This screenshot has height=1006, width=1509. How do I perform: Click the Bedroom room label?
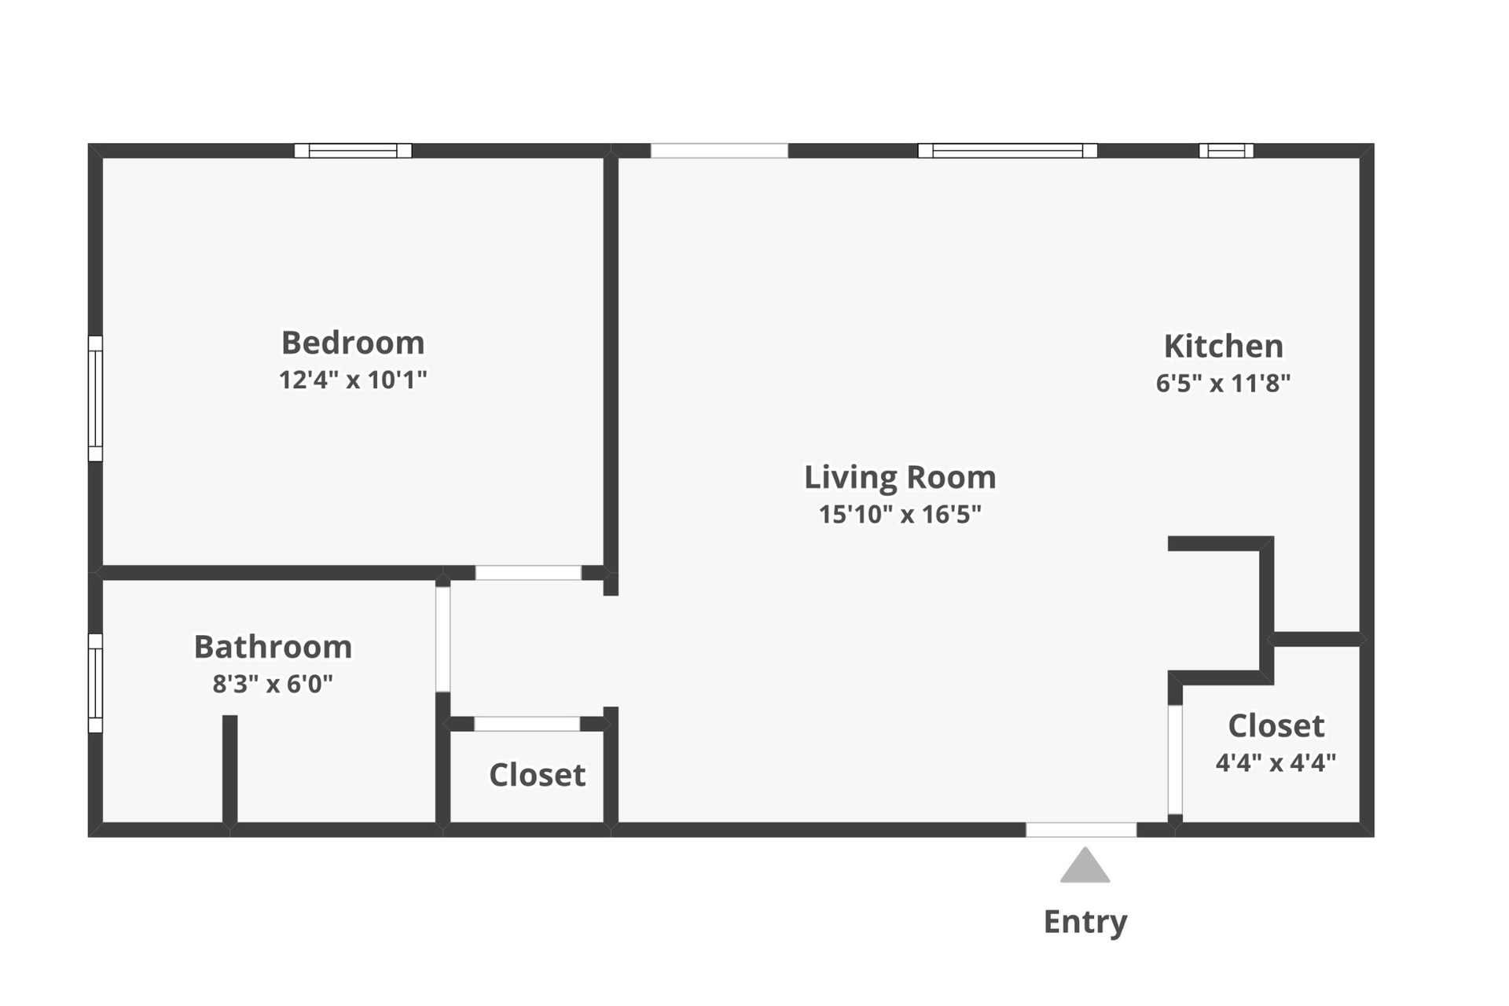pyautogui.click(x=353, y=343)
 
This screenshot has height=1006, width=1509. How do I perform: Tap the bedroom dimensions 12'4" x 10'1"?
pyautogui.click(x=353, y=380)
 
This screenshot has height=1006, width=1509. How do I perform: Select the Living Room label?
pyautogui.click(x=900, y=477)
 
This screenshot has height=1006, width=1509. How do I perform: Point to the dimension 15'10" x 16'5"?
pyautogui.click(x=900, y=515)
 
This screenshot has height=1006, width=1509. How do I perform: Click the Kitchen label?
pyautogui.click(x=1223, y=346)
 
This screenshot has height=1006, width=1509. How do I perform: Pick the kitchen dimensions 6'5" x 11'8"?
pyautogui.click(x=1223, y=384)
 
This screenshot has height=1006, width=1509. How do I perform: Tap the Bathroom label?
pyautogui.click(x=273, y=647)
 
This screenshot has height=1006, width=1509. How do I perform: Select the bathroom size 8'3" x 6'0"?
pyautogui.click(x=273, y=685)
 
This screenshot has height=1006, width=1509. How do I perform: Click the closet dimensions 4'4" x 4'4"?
pyautogui.click(x=1276, y=763)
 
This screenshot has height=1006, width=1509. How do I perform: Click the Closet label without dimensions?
pyautogui.click(x=537, y=775)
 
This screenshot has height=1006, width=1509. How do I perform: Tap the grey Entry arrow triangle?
pyautogui.click(x=1085, y=867)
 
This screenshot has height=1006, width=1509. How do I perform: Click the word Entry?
pyautogui.click(x=1085, y=921)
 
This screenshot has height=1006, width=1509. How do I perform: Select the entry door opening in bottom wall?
pyautogui.click(x=1081, y=830)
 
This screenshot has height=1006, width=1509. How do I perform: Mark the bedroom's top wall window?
pyautogui.click(x=353, y=150)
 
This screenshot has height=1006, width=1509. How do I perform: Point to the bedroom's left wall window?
pyautogui.click(x=95, y=398)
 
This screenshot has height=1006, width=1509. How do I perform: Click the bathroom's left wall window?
pyautogui.click(x=95, y=683)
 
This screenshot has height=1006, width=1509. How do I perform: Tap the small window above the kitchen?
pyautogui.click(x=1226, y=150)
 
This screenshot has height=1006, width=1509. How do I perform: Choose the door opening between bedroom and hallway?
pyautogui.click(x=528, y=573)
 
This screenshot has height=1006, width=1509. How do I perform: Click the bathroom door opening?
pyautogui.click(x=443, y=639)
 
